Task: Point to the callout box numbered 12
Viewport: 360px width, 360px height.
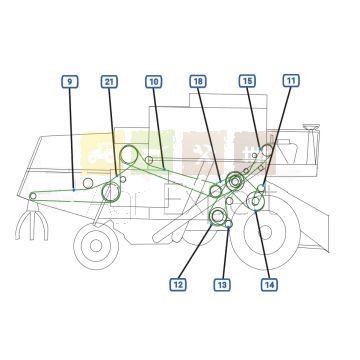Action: pyautogui.click(x=177, y=285)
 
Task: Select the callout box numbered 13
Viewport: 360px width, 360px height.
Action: pyautogui.click(x=221, y=285)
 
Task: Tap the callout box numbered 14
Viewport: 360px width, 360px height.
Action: pyautogui.click(x=269, y=285)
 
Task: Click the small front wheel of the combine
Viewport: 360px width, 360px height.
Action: pyautogui.click(x=95, y=243)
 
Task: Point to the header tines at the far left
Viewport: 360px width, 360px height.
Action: pyautogui.click(x=31, y=224)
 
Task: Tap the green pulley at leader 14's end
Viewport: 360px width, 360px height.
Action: pyautogui.click(x=257, y=202)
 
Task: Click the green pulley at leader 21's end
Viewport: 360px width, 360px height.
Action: pyautogui.click(x=111, y=190)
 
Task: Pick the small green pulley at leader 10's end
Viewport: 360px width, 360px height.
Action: pyautogui.click(x=148, y=160)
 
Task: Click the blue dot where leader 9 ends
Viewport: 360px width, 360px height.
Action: pyautogui.click(x=75, y=189)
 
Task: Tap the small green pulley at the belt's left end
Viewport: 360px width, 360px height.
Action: pyautogui.click(x=33, y=195)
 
